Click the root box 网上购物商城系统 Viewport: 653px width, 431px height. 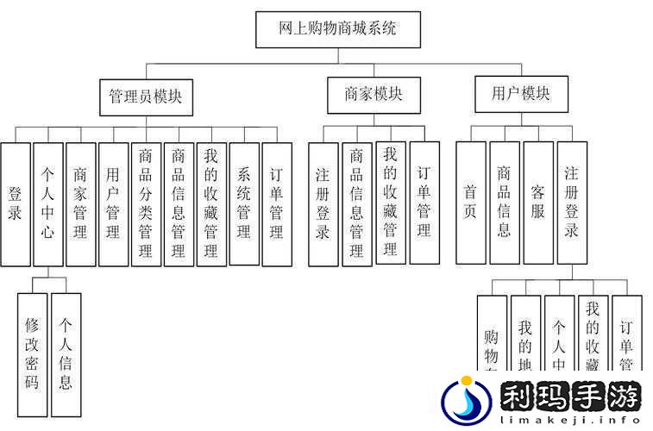(x=338, y=28)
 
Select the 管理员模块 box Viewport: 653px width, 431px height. (x=146, y=97)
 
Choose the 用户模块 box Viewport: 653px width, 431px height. (x=520, y=94)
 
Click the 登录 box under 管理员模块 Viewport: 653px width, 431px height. (x=15, y=203)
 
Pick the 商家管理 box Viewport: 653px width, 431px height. (x=80, y=203)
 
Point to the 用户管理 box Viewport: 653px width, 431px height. (x=113, y=203)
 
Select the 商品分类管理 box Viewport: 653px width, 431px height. (x=146, y=203)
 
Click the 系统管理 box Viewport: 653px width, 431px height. (x=244, y=203)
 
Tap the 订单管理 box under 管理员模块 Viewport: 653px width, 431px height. (x=276, y=203)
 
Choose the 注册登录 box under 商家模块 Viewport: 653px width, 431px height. (x=323, y=203)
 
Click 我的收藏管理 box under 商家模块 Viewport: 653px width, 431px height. (x=390, y=203)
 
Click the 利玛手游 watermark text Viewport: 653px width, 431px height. (x=570, y=397)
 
